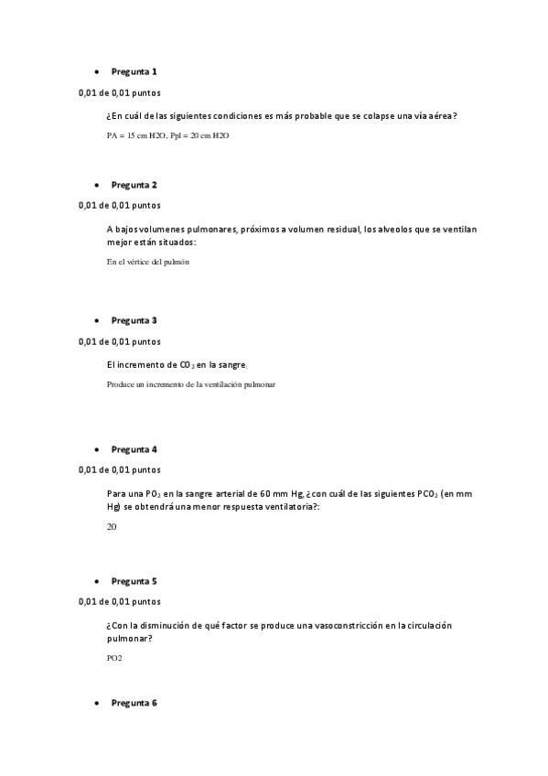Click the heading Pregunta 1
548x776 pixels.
tap(134, 71)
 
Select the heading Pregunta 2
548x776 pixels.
tap(134, 185)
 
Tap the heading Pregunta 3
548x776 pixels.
tap(134, 320)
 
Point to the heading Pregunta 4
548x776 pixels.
tap(134, 449)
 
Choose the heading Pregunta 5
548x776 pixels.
tap(134, 581)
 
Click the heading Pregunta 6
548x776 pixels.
tap(134, 703)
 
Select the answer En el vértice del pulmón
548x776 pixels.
tap(147, 262)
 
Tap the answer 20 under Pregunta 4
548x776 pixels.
tap(112, 527)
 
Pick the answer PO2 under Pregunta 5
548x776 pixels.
tap(114, 658)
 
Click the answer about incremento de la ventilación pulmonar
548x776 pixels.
tap(190, 384)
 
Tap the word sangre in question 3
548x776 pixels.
tap(228, 364)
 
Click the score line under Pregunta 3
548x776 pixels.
tap(119, 341)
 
